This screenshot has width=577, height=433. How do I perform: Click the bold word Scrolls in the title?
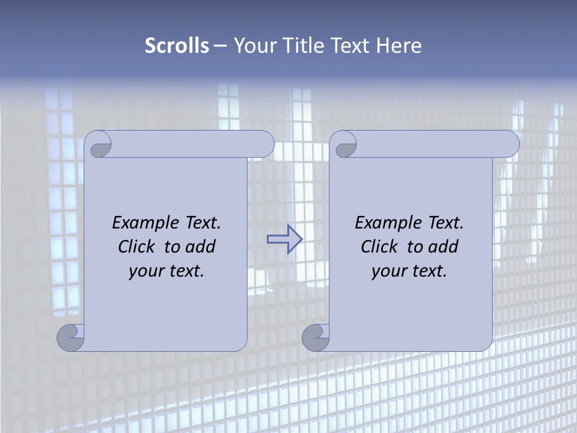177,46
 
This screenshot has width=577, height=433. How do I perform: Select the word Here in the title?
398,46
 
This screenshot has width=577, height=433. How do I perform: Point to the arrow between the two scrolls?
285,239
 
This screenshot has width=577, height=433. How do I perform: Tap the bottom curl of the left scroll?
71,337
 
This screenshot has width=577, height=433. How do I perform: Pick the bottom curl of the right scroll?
316,337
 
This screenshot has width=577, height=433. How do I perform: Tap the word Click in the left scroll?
136,247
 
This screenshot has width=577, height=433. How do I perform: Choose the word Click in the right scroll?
379,247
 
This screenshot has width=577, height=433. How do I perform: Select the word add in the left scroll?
200,247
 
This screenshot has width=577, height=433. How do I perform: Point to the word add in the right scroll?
443,247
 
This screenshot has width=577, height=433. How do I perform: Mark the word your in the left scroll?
145,271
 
